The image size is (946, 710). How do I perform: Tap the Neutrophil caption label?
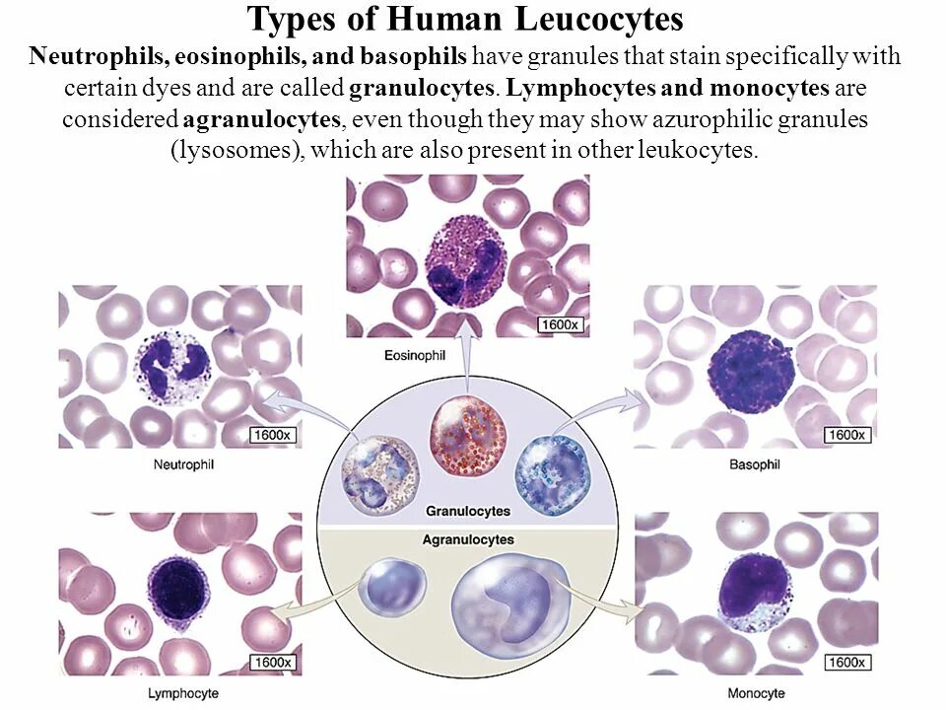pyautogui.click(x=183, y=463)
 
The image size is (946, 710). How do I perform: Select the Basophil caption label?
pyautogui.click(x=756, y=464)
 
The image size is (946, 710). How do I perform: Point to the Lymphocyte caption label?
pyautogui.click(x=183, y=693)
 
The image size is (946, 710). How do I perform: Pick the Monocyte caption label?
pyautogui.click(x=757, y=693)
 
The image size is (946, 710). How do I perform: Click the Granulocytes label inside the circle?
pyautogui.click(x=468, y=511)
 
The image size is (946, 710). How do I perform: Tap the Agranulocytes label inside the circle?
pyautogui.click(x=468, y=539)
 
